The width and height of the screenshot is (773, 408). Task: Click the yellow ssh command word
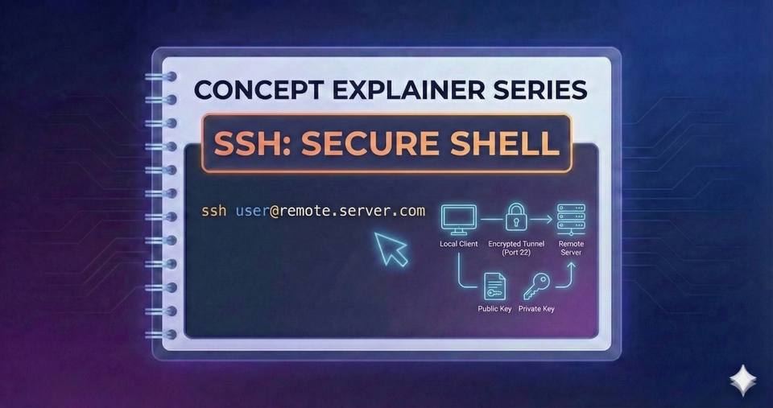coord(213,212)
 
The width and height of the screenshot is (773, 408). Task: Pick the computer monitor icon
coord(458,217)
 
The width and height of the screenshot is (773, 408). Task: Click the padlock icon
coord(515,217)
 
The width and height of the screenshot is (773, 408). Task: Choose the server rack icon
coord(571,218)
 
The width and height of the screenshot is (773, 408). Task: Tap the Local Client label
coord(458,244)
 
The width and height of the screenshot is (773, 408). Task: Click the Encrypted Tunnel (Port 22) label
coord(516,248)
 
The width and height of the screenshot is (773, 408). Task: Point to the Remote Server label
coord(571,248)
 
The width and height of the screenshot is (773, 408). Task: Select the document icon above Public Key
coord(494,286)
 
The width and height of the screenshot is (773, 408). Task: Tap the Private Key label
coord(535,309)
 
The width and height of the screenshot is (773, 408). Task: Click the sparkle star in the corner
coord(742,380)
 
